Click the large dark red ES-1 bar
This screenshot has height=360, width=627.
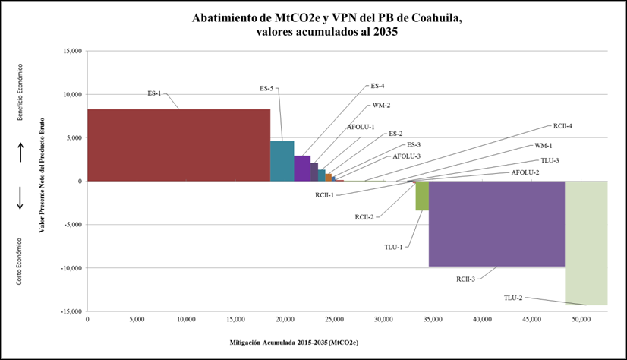[178, 145]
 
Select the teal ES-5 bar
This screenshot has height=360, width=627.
[282, 161]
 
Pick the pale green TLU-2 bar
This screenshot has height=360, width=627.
[586, 242]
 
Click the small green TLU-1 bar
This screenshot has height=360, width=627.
[422, 196]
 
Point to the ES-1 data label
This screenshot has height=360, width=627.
[154, 93]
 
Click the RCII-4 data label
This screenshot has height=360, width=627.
[562, 125]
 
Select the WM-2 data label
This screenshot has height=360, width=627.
[381, 105]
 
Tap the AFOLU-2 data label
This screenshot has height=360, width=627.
[525, 172]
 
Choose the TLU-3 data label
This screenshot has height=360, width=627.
[550, 160]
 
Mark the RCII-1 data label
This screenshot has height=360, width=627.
[325, 195]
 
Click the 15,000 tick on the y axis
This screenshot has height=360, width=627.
[71, 52]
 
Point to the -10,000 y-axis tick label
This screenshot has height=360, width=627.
[70, 268]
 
